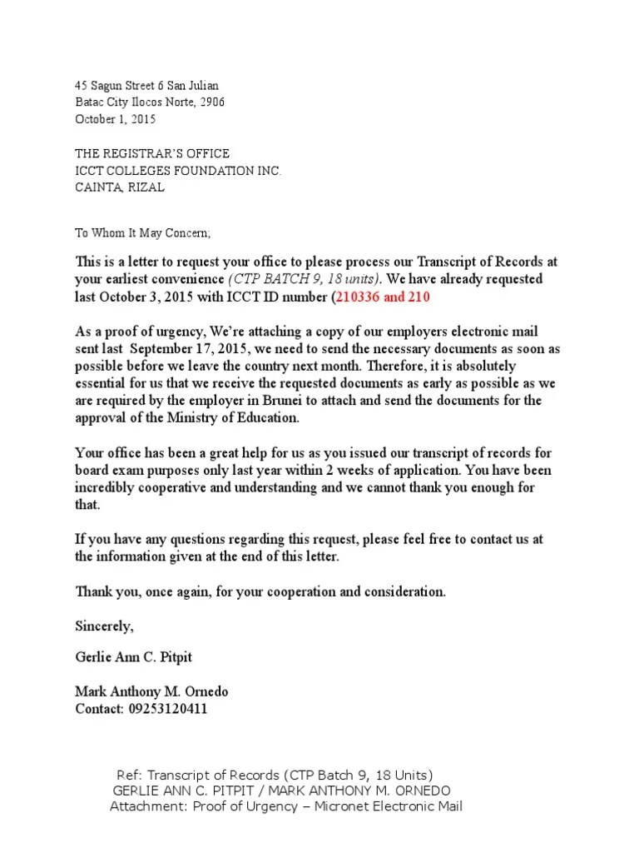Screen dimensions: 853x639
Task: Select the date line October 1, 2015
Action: [116, 119]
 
